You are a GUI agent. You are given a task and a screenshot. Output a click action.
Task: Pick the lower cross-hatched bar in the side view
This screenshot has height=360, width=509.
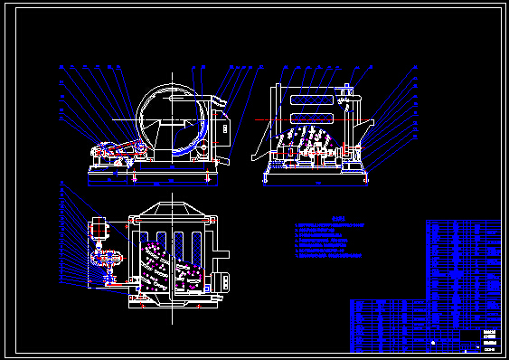(x=308, y=118)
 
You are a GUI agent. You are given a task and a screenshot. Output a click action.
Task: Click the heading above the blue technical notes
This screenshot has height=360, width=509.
(x=338, y=217)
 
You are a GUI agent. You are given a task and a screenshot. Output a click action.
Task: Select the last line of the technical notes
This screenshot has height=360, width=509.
(x=331, y=257)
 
